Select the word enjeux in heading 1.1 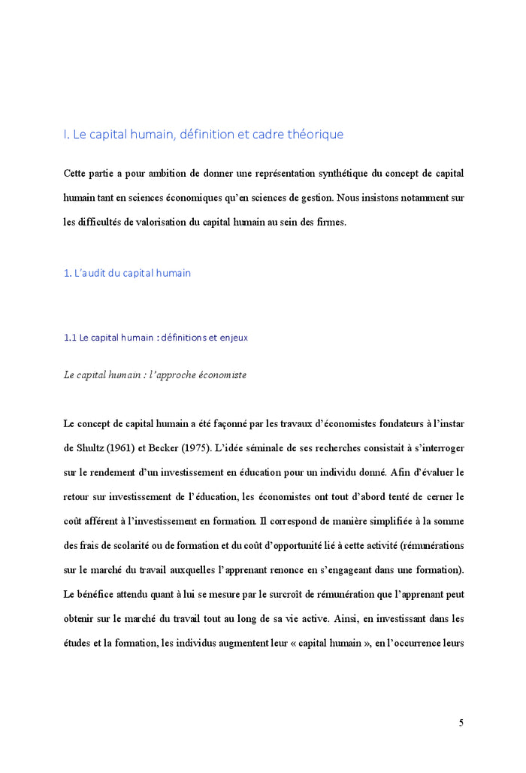tap(234, 338)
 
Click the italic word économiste tap(219, 374)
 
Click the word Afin tap(406, 472)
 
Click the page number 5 tap(461, 723)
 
